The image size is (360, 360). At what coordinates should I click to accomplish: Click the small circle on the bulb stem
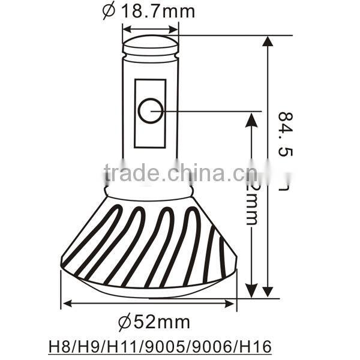coord(150,110)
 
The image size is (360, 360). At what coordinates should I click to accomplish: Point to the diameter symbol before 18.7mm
coord(108,11)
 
